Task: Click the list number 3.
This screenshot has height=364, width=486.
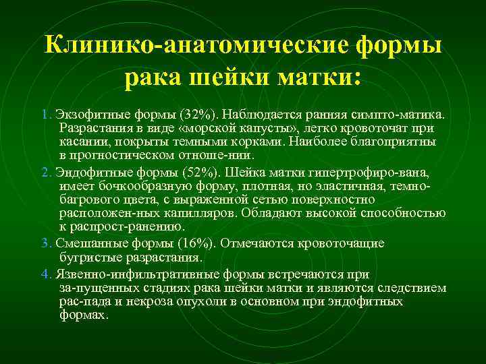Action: tap(45, 243)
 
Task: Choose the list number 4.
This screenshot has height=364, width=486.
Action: tap(45, 274)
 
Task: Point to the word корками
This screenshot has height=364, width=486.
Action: tap(261, 142)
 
